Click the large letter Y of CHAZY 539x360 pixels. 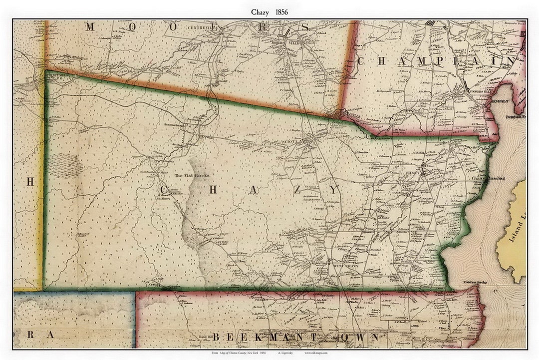click(334, 190)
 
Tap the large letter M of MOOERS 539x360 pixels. click(90, 27)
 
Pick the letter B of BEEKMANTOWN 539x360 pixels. click(218, 338)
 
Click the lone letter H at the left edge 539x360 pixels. click(29, 182)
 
